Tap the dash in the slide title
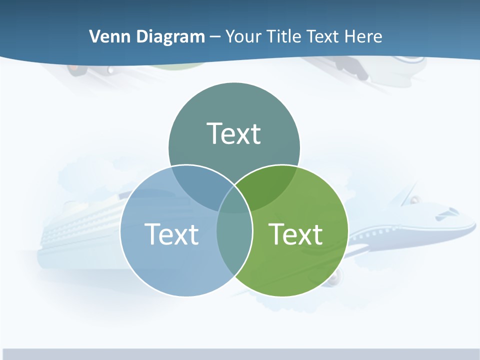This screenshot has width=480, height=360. pyautogui.click(x=215, y=37)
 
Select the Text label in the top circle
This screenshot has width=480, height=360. pyautogui.click(x=234, y=133)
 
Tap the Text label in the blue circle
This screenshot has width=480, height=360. pyautogui.click(x=171, y=234)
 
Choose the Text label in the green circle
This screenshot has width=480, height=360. pyautogui.click(x=295, y=234)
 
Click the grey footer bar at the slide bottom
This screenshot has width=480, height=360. pyautogui.click(x=240, y=354)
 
